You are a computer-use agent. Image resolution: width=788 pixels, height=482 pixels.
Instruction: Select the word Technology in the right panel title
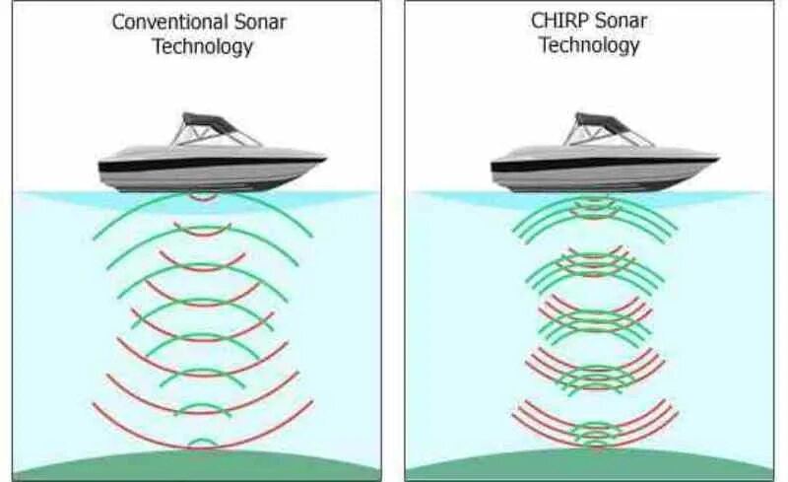pos(589,45)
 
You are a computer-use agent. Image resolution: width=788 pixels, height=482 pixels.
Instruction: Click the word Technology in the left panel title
pos(203,46)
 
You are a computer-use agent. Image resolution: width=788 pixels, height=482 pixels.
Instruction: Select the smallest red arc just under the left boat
pos(204,197)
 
